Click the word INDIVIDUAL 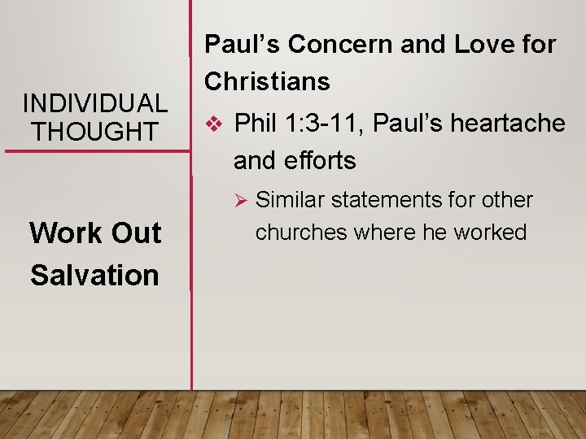coord(95,103)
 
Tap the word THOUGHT coord(95,131)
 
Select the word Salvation coord(94,275)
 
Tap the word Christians coord(267,81)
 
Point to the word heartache coord(508,124)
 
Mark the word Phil coord(256,124)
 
